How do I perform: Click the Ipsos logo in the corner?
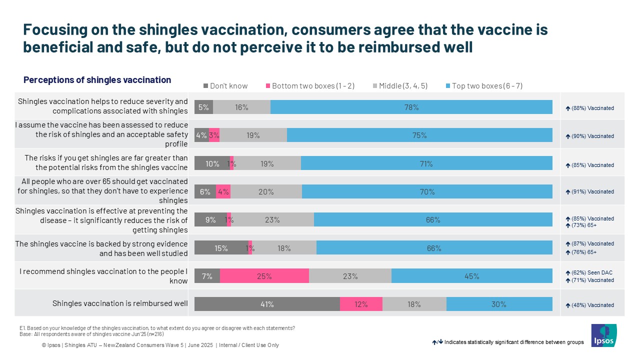coord(604,335)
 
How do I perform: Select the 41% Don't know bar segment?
coord(267,304)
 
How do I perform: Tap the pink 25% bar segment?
coord(264,276)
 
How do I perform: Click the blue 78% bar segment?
coord(411,107)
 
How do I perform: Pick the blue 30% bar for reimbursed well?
coord(499,304)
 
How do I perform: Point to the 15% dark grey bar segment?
coord(221,247)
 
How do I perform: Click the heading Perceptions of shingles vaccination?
coord(97,80)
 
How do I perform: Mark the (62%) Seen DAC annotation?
coord(592,272)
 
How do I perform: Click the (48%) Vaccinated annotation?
coord(592,305)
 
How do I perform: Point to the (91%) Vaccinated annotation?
coord(592,191)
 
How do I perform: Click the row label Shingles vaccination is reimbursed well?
coord(120,303)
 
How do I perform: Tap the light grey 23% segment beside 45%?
coord(350,276)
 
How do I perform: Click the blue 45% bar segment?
coord(471,276)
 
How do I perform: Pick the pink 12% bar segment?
coord(361,304)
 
